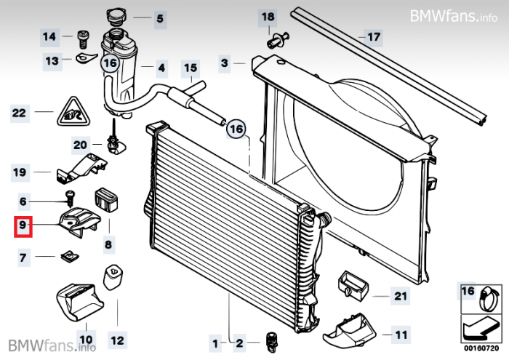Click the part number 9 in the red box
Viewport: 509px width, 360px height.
23,227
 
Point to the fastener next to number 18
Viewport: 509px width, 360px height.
277,41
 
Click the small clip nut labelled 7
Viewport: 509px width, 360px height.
68,257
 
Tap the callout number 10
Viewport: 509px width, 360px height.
86,339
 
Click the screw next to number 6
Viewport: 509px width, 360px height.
71,196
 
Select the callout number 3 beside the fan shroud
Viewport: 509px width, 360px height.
225,63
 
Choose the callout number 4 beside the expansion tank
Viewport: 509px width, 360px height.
161,70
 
